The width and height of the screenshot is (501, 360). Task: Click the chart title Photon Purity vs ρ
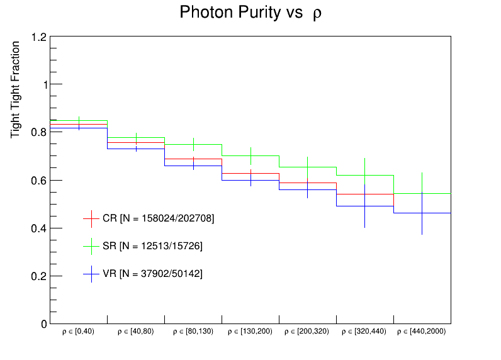(250, 13)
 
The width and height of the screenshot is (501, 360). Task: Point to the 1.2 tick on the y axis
(39, 37)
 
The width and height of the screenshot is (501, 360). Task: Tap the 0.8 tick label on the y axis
(39, 133)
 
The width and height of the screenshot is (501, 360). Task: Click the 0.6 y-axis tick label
(39, 181)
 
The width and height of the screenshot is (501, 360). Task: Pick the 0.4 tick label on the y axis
(39, 228)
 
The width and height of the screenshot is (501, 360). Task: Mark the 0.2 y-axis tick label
(39, 276)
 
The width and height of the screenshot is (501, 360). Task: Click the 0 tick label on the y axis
(43, 324)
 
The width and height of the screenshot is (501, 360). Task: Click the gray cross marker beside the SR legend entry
(92, 245)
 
